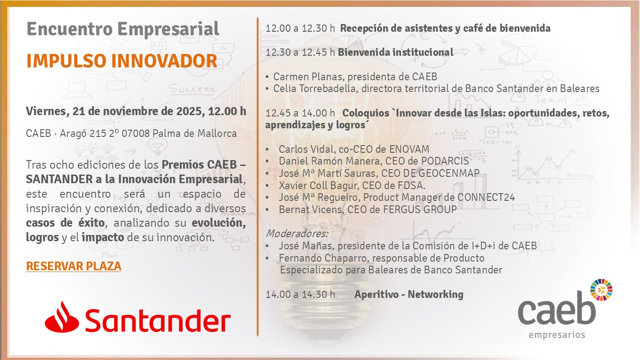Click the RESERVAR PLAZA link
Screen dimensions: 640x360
click(74, 266)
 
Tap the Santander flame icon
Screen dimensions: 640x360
click(62, 317)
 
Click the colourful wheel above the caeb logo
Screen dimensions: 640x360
click(601, 290)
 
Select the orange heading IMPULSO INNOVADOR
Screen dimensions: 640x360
click(122, 61)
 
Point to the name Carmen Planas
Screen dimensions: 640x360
click(307, 77)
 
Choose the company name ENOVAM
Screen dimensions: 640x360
click(409, 149)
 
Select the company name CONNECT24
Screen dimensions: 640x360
click(486, 197)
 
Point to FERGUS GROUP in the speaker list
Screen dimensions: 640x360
click(420, 209)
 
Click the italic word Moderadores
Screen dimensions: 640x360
click(297, 234)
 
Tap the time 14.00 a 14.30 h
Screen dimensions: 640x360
click(301, 294)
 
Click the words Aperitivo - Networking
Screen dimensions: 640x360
click(409, 294)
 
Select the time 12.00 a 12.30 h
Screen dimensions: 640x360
click(301, 28)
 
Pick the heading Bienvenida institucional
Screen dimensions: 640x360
click(396, 52)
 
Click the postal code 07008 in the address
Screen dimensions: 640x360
click(136, 133)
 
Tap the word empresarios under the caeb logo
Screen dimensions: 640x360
click(557, 335)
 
